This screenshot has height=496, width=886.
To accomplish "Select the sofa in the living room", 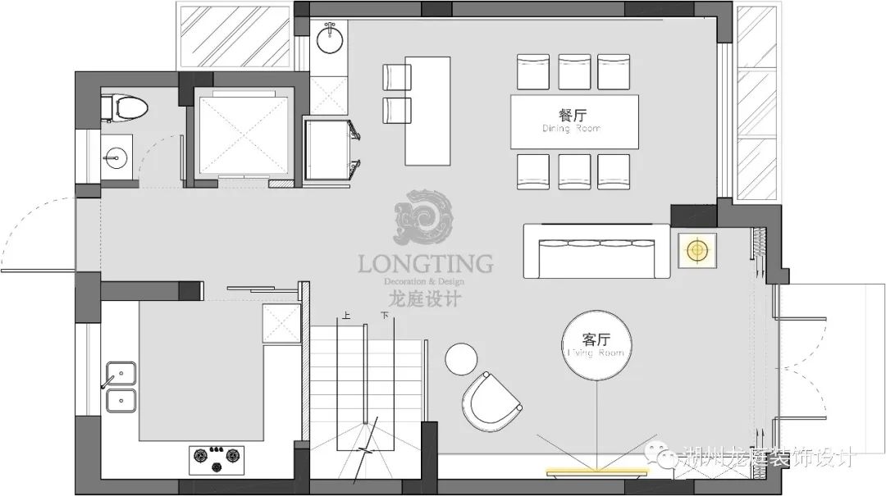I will pos(597,250).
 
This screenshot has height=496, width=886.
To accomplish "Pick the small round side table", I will pos(461,358).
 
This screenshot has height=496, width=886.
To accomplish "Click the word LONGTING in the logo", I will pos(425,264).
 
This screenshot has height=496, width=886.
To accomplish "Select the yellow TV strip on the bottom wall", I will pos(599,471).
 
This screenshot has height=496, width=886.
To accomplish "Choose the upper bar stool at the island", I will pos(396,76).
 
